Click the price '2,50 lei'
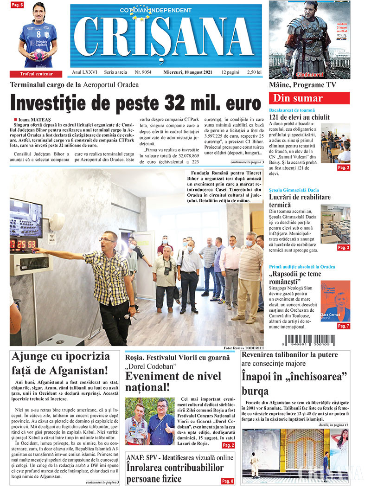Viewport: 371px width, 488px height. click(255, 72)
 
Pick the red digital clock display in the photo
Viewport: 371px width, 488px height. click(25, 244)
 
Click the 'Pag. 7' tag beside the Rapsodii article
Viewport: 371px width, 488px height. click(343, 326)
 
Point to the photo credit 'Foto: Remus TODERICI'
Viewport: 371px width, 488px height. click(243, 348)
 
